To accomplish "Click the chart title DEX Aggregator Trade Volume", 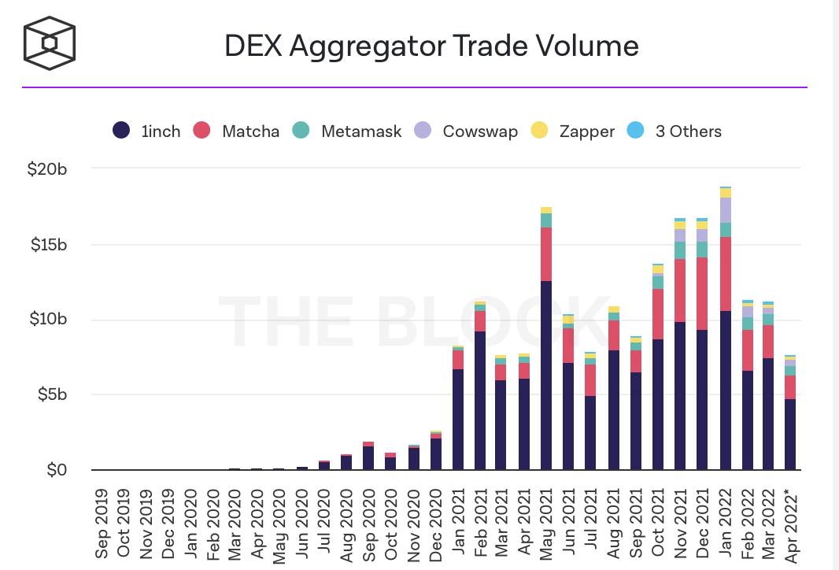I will (x=431, y=46).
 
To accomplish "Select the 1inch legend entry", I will (x=148, y=131).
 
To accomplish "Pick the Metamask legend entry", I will (x=349, y=131).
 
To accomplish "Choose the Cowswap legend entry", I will (x=467, y=131).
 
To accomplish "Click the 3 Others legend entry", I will (x=675, y=131).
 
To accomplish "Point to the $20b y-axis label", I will (x=47, y=168).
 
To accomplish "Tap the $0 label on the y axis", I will (x=57, y=470).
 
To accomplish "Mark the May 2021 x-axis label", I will (x=545, y=520).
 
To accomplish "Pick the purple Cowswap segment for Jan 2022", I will (x=724, y=210).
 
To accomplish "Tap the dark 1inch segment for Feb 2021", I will (x=479, y=401).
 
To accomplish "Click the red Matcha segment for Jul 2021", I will (x=590, y=380).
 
